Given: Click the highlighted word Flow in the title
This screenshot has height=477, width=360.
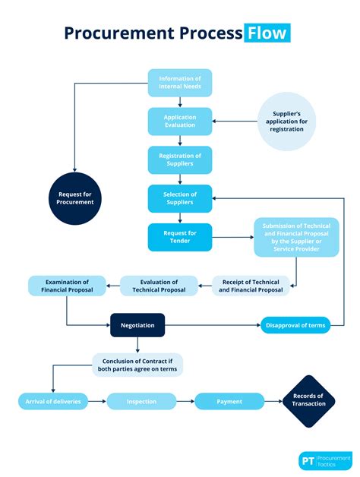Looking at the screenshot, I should point(267,33).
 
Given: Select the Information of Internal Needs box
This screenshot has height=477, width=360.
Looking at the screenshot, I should point(180,83).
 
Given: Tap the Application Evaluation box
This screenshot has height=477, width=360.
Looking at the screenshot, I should point(180,122).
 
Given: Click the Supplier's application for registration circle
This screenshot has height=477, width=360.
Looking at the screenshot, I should point(288,122).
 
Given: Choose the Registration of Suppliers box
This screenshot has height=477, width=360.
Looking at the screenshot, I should point(180,160).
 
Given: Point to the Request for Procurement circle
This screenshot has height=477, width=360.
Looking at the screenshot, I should point(76,198).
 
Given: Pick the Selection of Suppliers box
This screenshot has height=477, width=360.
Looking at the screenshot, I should point(180,198).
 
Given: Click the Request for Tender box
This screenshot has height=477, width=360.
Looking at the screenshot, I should point(180,237).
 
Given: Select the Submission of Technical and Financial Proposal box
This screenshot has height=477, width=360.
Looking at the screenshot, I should point(297,238).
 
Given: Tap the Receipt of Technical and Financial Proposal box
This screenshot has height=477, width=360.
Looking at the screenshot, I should point(251,286).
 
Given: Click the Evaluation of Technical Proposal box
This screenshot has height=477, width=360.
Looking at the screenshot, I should point(159,286).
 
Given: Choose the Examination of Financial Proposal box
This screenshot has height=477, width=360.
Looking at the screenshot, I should point(68,286).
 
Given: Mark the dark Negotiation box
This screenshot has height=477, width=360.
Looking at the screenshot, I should point(137,325).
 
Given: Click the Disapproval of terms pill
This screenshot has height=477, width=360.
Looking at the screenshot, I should point(295,325).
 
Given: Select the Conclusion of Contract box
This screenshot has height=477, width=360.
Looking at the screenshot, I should point(137,365).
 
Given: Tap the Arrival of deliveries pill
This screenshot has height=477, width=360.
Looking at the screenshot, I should point(53,401).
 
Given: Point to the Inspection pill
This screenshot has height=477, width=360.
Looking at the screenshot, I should point(142,401).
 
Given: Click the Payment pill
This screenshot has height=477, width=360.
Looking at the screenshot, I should point(229,401).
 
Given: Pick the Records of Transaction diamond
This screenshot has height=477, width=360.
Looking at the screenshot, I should point(309,400).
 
